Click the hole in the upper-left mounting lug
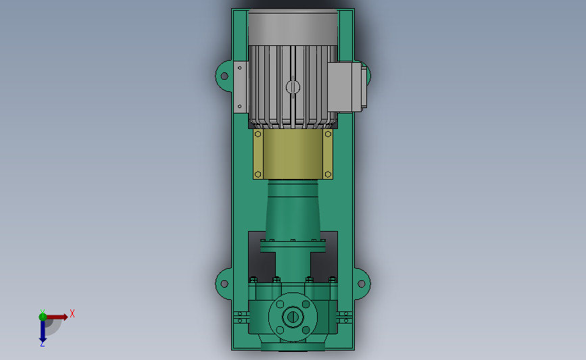coord(224,76)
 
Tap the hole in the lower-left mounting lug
coord(224,284)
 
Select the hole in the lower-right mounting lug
coord(362,284)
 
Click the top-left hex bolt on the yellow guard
coord(258,134)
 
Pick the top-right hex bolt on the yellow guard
coord(328,134)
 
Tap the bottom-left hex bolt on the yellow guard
coord(258,174)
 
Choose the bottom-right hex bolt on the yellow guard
coord(328,174)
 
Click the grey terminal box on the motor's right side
coord(347,87)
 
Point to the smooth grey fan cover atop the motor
coord(293,27)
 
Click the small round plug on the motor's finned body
coord(293,87)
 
